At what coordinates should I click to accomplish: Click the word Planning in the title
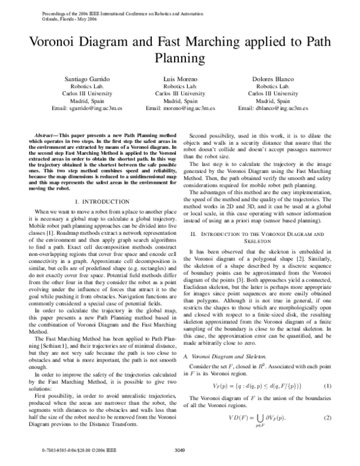(x=180, y=58)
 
